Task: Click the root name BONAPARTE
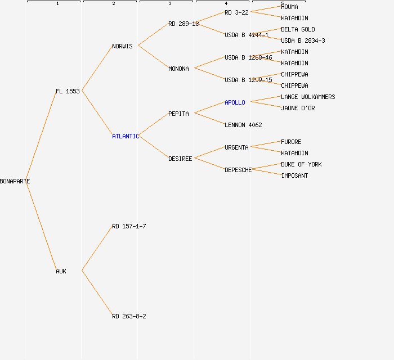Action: click(15, 181)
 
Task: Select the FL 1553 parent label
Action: click(68, 91)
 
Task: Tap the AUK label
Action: click(61, 271)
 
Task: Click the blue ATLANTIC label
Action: click(125, 136)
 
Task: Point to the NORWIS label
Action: click(122, 46)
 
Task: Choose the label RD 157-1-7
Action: click(129, 226)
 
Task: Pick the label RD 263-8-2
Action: click(129, 316)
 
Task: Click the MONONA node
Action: click(178, 69)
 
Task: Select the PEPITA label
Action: click(178, 114)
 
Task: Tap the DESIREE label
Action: click(180, 159)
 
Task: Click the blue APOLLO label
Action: click(235, 102)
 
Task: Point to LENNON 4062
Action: click(243, 125)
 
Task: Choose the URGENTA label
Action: click(236, 147)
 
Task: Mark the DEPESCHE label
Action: click(238, 170)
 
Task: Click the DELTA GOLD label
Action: click(298, 29)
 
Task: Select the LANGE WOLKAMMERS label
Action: click(308, 97)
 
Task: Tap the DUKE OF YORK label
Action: click(301, 164)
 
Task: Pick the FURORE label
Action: click(291, 142)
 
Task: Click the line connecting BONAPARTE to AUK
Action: click(41, 226)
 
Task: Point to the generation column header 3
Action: click(169, 3)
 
